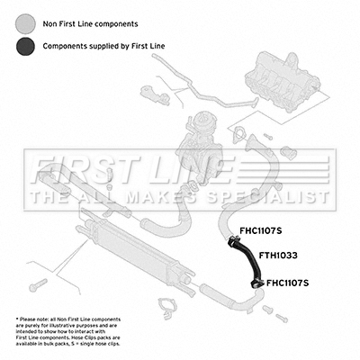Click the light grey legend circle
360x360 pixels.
[x=25, y=23]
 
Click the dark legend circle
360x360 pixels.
[x=25, y=46]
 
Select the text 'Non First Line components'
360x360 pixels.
[x=90, y=24]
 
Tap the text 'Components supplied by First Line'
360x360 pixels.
[x=103, y=46]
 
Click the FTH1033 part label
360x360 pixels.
[x=278, y=256]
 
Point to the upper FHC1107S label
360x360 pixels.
[x=261, y=230]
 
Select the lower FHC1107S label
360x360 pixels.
[x=287, y=283]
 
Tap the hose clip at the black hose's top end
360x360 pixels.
[x=233, y=241]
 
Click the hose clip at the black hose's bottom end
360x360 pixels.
[x=256, y=283]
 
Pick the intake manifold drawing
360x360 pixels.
[x=283, y=83]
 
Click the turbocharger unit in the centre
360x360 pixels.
[x=200, y=150]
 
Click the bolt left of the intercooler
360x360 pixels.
[x=38, y=284]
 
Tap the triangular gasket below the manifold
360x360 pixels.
[x=238, y=134]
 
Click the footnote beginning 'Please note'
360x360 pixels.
[x=68, y=331]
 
